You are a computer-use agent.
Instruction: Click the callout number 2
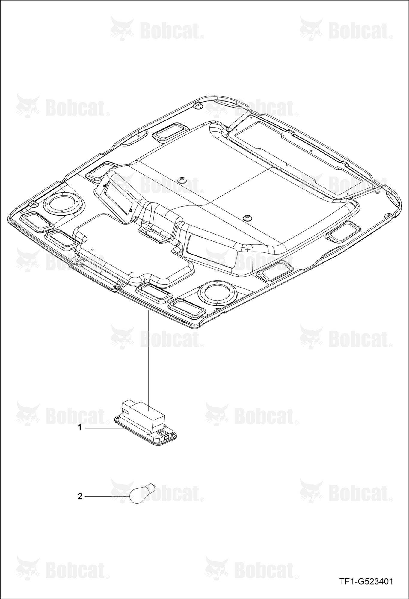point(80,497)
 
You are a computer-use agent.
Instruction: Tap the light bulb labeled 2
point(142,494)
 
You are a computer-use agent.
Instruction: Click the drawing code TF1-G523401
point(366,582)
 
